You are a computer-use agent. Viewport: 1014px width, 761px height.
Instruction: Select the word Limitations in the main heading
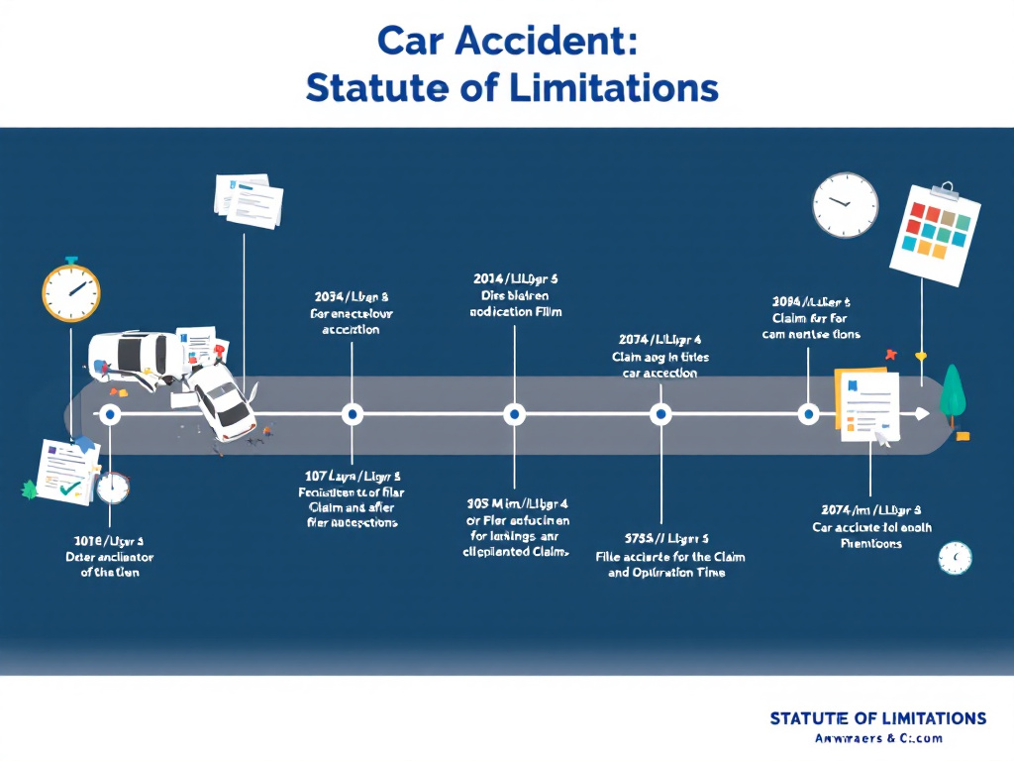click(614, 87)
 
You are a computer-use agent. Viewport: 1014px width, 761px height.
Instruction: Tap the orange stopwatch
click(71, 290)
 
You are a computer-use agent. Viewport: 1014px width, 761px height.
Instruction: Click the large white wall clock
click(845, 205)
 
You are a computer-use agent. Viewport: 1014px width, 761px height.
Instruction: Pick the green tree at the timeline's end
click(952, 391)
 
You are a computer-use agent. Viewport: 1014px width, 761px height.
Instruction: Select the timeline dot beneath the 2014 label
click(514, 414)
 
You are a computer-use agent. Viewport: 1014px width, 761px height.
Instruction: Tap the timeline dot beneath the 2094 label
click(808, 414)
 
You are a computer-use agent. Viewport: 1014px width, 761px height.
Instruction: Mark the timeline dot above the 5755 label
click(660, 414)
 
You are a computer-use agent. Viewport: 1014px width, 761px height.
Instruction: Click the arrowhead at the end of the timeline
click(923, 414)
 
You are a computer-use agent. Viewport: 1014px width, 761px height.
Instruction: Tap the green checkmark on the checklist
click(69, 487)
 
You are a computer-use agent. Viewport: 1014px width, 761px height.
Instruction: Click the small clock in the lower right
click(955, 558)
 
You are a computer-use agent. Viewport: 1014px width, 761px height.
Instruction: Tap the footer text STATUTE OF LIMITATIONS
click(877, 717)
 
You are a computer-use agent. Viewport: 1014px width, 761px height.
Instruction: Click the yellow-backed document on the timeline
click(867, 404)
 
